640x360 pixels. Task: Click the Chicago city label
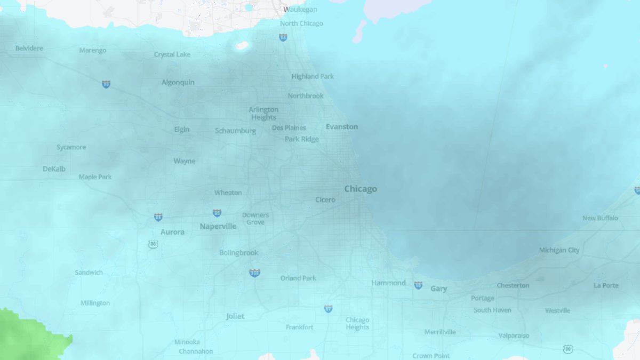361,189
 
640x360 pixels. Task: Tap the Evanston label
342,127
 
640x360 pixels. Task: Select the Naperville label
218,226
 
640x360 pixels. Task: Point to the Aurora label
173,232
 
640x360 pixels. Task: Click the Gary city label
438,289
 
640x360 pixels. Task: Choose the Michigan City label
559,250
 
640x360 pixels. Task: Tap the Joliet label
235,316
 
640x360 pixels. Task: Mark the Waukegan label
300,10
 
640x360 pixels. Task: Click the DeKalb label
54,169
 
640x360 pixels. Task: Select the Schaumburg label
235,131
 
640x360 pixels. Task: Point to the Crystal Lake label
172,54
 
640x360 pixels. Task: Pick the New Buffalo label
600,218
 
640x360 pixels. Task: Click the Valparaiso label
514,335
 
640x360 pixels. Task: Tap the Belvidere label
29,49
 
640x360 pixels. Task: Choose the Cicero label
325,200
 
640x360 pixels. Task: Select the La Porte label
606,285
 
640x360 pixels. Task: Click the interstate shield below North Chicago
283,37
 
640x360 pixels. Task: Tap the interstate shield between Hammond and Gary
418,285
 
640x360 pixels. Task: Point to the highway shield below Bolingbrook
254,273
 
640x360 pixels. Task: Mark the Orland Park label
298,278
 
